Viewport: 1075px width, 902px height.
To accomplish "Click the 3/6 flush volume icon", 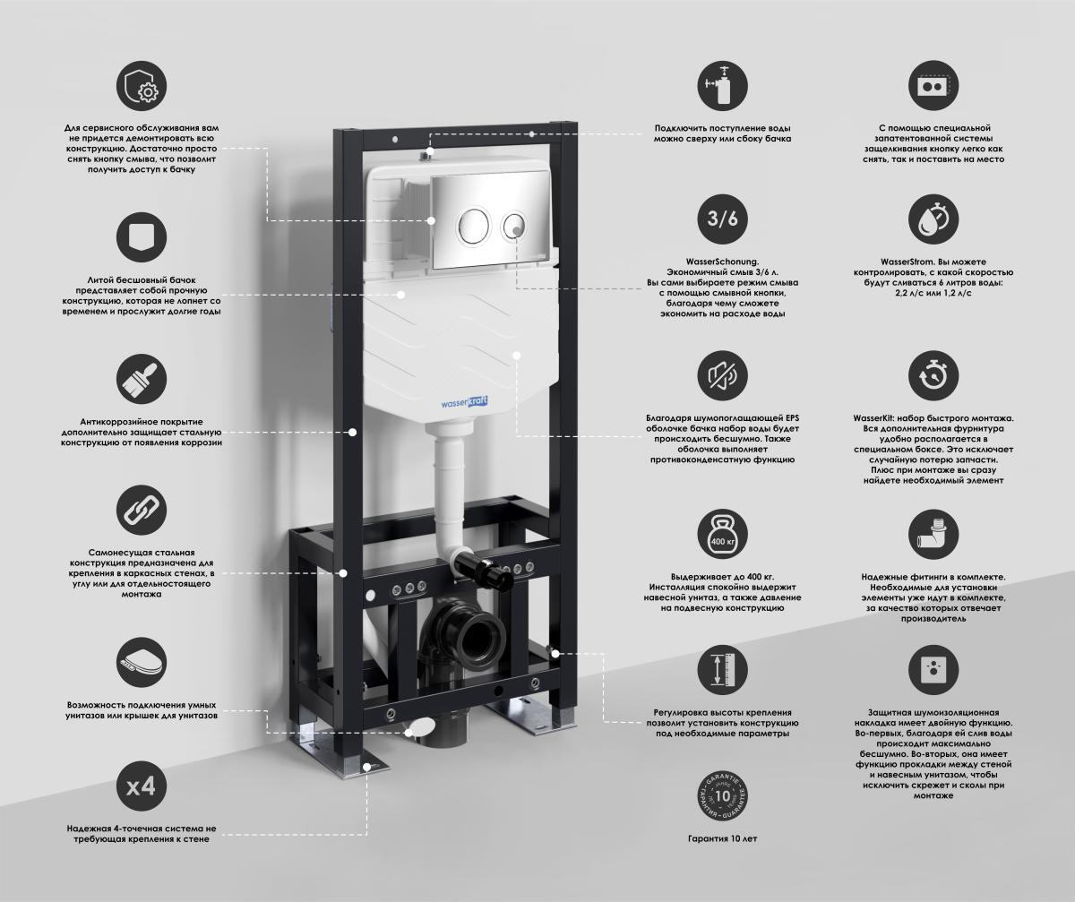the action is (x=722, y=219).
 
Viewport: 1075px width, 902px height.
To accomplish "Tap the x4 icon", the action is (x=141, y=786).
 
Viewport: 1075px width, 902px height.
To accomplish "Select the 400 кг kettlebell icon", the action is (x=722, y=534).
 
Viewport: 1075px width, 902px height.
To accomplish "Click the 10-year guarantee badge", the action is (x=722, y=796).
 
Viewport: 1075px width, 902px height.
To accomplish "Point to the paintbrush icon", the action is (x=141, y=379).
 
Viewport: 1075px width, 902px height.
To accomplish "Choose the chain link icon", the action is (x=141, y=510).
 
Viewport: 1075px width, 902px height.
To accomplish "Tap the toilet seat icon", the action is (x=141, y=663).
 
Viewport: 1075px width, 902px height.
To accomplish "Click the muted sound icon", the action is (x=722, y=376).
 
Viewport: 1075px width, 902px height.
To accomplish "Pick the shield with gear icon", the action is (x=141, y=85).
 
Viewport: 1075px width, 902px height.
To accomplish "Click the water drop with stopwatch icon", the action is (x=933, y=219).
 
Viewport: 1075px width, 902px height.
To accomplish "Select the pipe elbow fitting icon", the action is (x=933, y=534).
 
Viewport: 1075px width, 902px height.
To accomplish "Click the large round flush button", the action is (x=473, y=226).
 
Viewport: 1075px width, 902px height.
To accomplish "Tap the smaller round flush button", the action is (x=514, y=226).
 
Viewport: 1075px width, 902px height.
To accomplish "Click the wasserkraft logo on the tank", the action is (x=464, y=402).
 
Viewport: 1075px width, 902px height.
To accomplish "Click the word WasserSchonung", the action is (x=722, y=262).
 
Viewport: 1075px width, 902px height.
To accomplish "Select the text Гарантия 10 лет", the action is (x=722, y=838).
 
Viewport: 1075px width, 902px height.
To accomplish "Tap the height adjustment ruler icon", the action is (x=722, y=670).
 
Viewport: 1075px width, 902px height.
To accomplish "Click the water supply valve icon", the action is (x=722, y=85).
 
